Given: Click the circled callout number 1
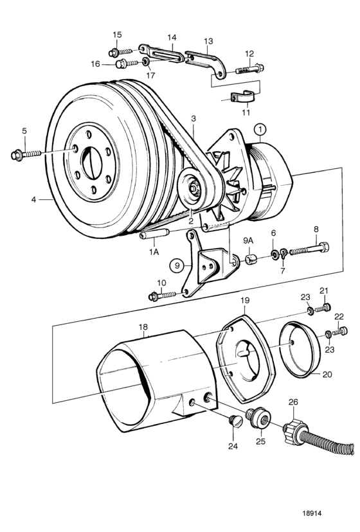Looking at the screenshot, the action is coord(260,130).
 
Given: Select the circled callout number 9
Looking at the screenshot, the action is coord(177,265).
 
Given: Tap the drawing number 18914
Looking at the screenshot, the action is coord(311,513).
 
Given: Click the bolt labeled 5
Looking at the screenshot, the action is coord(26,155).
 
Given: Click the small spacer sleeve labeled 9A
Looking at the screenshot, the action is coord(251,260).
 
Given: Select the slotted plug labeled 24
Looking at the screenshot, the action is coord(236,421).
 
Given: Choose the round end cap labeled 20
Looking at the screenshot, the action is coord(300,350).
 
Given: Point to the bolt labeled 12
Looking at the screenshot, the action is coord(249,69).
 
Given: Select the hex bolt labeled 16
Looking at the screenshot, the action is coord(127,64).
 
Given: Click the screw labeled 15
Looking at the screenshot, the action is coord(120,52).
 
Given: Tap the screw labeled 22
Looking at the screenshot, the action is coord(339,331).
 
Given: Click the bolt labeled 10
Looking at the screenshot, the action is coord(163,296).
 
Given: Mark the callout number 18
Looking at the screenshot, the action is coord(143,327).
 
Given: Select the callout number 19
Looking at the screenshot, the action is coord(245,300).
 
